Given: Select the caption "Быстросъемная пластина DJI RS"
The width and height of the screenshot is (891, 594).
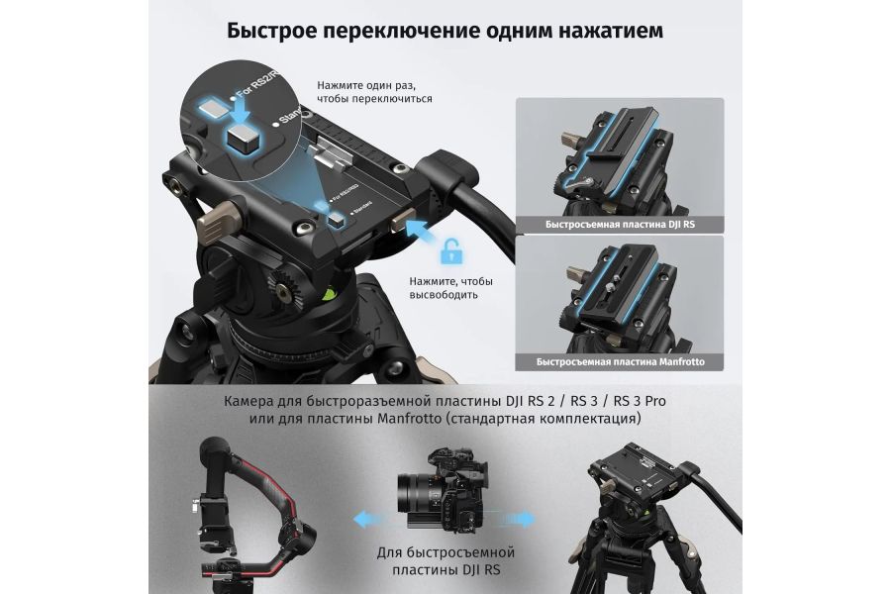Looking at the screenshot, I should click(620, 225).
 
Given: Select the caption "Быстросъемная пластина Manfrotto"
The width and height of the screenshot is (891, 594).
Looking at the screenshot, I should click(620, 361).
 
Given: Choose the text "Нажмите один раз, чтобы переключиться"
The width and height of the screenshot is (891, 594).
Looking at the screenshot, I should click(374, 92).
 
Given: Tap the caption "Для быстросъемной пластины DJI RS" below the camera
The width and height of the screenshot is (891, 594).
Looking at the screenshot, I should click(445, 561).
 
